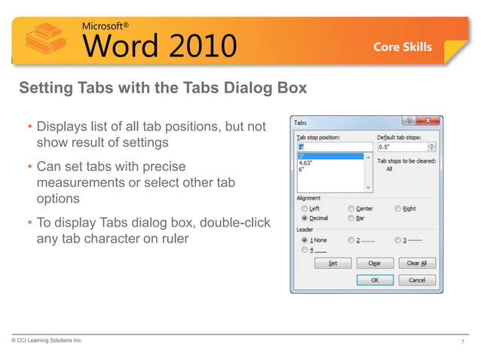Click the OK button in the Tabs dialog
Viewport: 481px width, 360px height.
pos(375,279)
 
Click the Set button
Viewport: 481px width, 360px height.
pos(332,264)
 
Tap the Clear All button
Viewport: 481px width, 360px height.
pos(417,264)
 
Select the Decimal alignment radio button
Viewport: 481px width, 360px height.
pos(304,218)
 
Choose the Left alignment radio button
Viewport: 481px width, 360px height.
pos(304,209)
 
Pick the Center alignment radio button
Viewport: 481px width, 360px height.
pos(351,209)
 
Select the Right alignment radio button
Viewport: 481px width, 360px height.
pos(397,209)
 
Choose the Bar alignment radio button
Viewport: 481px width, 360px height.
pos(351,218)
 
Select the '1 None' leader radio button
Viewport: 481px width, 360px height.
pos(304,239)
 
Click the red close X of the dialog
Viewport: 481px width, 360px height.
pos(430,121)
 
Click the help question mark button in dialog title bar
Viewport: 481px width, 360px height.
pos(409,121)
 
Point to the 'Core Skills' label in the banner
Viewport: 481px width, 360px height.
pos(403,47)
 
